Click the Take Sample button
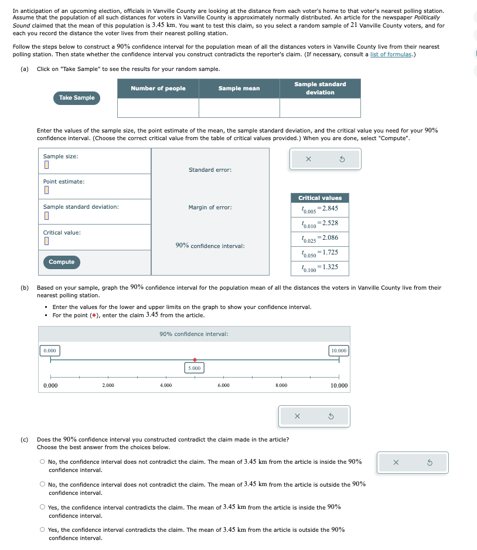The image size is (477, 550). [x=76, y=98]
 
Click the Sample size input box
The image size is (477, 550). [x=46, y=165]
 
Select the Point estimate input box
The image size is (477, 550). [x=46, y=191]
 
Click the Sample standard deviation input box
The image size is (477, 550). [x=46, y=216]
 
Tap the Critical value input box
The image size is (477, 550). [x=46, y=242]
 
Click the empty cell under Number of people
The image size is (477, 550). [x=158, y=108]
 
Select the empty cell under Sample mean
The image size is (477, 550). [x=239, y=108]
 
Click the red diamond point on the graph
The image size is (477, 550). [x=195, y=359]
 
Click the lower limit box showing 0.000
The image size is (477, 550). [x=50, y=351]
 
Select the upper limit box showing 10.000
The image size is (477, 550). [x=339, y=351]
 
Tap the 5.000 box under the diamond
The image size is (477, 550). [x=195, y=368]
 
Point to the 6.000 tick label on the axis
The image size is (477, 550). [x=223, y=386]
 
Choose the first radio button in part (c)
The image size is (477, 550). [x=43, y=462]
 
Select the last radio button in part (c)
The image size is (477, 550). [x=43, y=530]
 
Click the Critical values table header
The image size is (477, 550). [x=320, y=198]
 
